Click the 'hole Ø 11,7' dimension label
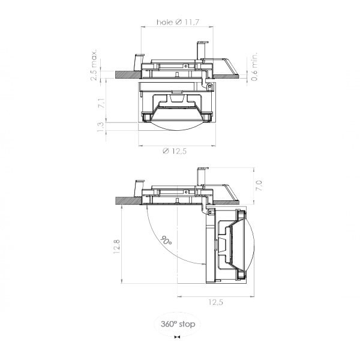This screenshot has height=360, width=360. (x=178, y=22)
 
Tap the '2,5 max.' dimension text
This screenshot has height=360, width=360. (x=94, y=65)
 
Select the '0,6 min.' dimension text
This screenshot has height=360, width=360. (x=254, y=67)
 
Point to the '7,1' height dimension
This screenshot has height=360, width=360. (x=101, y=103)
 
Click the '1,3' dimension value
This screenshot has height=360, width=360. (x=101, y=127)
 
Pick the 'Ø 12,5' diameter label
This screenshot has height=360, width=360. (x=175, y=151)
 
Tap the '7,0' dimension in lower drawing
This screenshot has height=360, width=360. (x=259, y=185)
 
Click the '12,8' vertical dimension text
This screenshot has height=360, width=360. (x=116, y=247)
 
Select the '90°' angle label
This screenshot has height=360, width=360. (x=166, y=240)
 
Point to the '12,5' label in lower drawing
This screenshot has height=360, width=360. (x=215, y=302)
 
